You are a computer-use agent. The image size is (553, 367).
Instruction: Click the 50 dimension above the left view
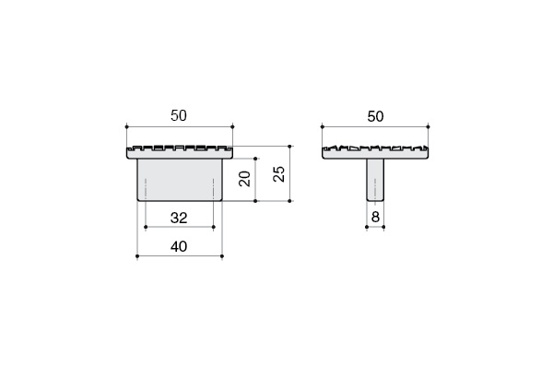(x=179, y=116)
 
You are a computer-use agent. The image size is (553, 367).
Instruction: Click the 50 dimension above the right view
(x=375, y=116)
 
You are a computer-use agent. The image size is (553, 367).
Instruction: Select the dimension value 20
(x=245, y=179)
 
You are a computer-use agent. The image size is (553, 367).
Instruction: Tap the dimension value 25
(x=279, y=173)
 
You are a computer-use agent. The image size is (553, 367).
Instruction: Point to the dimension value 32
(x=179, y=219)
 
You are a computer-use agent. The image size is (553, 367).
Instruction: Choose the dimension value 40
(x=179, y=247)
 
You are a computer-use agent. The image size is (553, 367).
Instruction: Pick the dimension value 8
(x=375, y=217)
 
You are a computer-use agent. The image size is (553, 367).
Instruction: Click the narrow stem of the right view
(x=375, y=180)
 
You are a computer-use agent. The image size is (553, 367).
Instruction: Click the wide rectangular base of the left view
(x=180, y=180)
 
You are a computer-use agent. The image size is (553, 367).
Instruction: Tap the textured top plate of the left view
(x=180, y=152)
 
